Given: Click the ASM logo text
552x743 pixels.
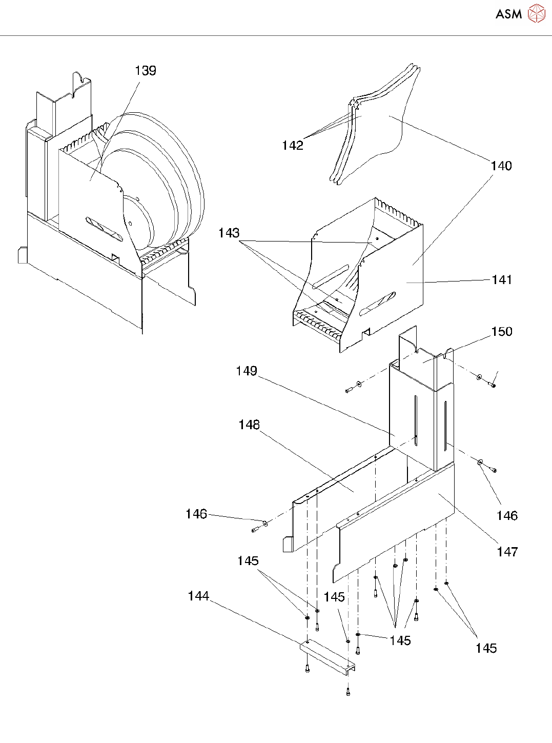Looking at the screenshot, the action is pyautogui.click(x=508, y=14).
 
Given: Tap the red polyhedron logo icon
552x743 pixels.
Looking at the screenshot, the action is pyautogui.click(x=537, y=14).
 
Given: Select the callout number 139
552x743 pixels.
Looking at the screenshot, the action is pyautogui.click(x=146, y=71).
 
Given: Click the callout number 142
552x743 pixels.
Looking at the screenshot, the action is pyautogui.click(x=293, y=146).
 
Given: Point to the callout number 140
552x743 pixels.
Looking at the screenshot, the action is pyautogui.click(x=501, y=166).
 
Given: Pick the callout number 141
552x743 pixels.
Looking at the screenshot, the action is pyautogui.click(x=501, y=279).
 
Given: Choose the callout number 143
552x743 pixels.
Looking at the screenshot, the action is pyautogui.click(x=229, y=233).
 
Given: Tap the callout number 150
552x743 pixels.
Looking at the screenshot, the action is pyautogui.click(x=502, y=331).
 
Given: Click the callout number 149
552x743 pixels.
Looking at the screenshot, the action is pyautogui.click(x=247, y=371).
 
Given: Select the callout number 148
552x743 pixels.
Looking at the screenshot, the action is pyautogui.click(x=249, y=425).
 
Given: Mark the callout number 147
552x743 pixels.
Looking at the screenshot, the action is pyautogui.click(x=507, y=552).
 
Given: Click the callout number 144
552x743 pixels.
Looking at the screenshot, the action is pyautogui.click(x=198, y=596).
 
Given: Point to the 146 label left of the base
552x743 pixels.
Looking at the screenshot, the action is pyautogui.click(x=196, y=514).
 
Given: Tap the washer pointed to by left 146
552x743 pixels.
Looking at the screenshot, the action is pyautogui.click(x=265, y=523).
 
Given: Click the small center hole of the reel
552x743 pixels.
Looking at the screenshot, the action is pyautogui.click(x=130, y=224).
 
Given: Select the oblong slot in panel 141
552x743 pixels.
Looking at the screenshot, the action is pyautogui.click(x=378, y=304).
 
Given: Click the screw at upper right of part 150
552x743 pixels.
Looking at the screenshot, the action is pyautogui.click(x=493, y=385).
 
